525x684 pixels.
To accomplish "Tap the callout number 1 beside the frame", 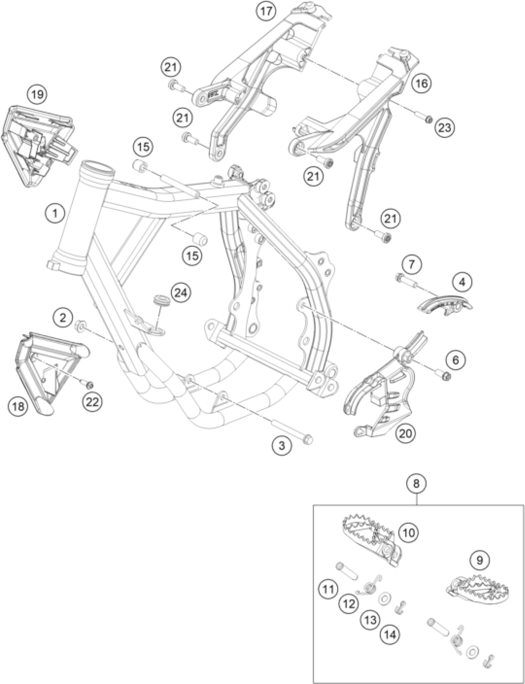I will click(x=55, y=214).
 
